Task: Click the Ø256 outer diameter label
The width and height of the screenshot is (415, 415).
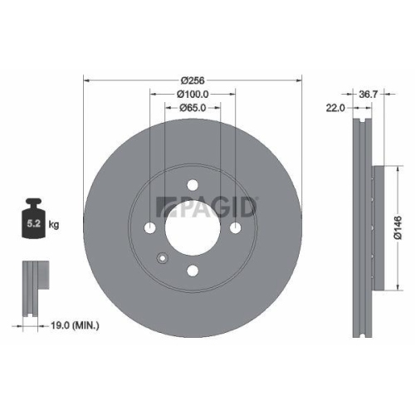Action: (193, 81)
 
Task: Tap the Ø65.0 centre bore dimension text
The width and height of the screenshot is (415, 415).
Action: (193, 109)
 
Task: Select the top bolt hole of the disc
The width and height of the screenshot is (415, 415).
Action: (193, 184)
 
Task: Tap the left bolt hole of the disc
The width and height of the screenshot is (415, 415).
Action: (150, 228)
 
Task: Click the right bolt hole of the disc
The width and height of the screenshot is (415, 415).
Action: (236, 228)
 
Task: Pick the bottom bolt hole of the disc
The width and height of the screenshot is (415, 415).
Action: (193, 271)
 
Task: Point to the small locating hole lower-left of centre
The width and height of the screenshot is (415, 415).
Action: (164, 257)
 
